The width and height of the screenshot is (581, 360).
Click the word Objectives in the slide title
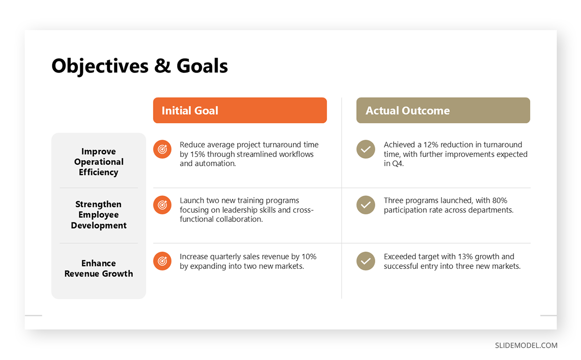click(x=100, y=66)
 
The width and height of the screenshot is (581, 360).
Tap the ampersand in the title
click(x=163, y=66)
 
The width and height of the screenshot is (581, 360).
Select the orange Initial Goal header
click(x=240, y=110)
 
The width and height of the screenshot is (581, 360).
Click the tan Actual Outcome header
click(x=443, y=110)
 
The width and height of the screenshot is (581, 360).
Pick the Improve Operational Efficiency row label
click(x=99, y=162)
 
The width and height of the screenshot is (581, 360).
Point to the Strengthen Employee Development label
click(x=99, y=215)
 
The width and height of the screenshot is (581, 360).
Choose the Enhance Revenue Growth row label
click(x=99, y=268)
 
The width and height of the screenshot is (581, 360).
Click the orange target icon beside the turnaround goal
click(x=162, y=149)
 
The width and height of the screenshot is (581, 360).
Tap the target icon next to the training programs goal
click(x=162, y=205)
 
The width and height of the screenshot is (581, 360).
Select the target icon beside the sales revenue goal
click(x=162, y=261)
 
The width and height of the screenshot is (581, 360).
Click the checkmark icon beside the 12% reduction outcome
click(x=366, y=149)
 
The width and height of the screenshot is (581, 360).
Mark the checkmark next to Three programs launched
click(x=366, y=205)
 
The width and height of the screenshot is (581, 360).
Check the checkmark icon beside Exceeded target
click(x=366, y=261)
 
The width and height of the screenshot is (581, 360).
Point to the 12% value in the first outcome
click(x=430, y=144)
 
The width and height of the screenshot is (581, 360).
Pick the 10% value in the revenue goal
click(x=309, y=256)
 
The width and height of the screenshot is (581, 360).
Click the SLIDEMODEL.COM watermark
click(x=526, y=345)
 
